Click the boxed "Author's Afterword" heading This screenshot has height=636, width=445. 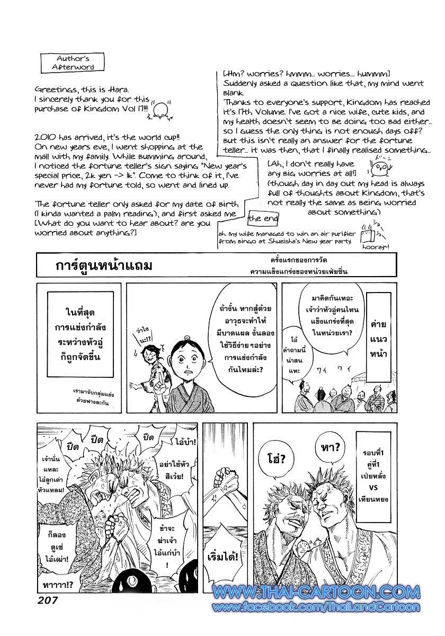click(x=76, y=62)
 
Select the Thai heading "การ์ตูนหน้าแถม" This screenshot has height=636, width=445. click(x=104, y=264)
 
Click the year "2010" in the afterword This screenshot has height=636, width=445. click(x=44, y=137)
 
